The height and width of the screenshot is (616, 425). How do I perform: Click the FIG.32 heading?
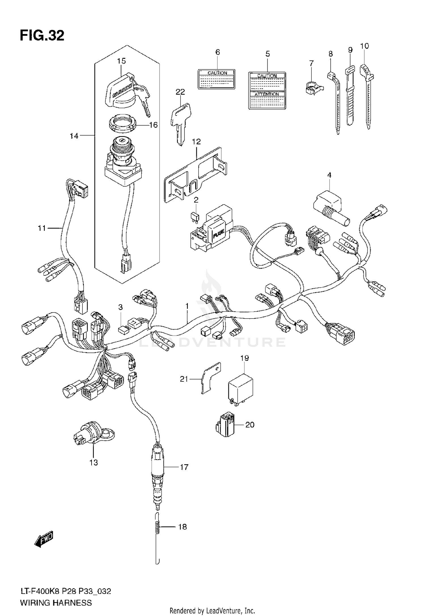[x=42, y=36]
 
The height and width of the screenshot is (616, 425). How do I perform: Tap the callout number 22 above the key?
[x=180, y=92]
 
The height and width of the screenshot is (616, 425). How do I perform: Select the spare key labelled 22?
[x=180, y=122]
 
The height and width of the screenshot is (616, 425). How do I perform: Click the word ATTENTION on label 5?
[x=267, y=94]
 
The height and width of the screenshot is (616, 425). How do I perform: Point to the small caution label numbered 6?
[x=217, y=79]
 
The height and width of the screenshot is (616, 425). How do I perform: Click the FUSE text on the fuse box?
[x=218, y=235]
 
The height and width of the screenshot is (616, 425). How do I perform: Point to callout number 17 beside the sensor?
[x=184, y=467]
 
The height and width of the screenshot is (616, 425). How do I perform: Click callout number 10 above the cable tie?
[x=364, y=46]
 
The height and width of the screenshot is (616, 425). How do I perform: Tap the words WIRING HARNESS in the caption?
[x=56, y=603]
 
